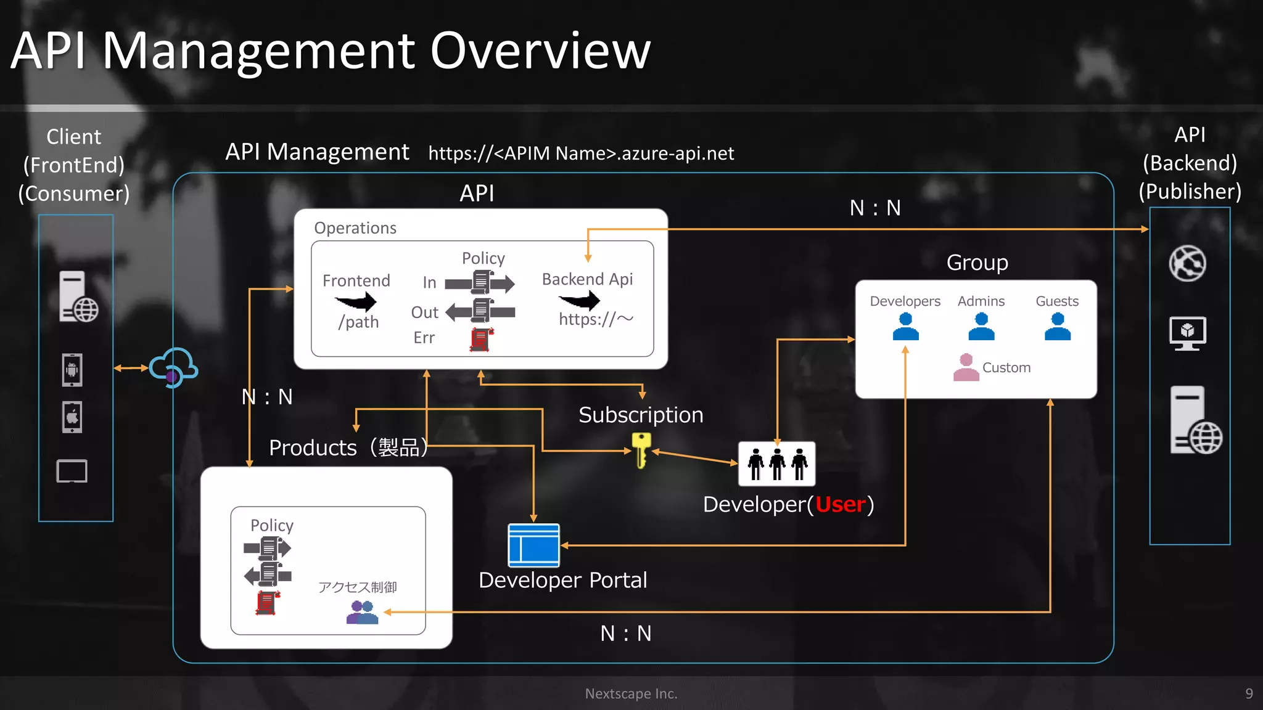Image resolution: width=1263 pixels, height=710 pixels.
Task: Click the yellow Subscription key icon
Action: (641, 450)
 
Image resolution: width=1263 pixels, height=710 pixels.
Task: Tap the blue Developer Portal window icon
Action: (533, 545)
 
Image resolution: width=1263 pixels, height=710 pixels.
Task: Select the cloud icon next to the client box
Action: (173, 367)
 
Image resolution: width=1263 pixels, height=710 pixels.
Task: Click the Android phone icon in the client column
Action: (72, 370)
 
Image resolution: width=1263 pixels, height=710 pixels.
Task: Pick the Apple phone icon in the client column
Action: (72, 417)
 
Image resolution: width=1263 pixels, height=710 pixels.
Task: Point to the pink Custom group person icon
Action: (966, 367)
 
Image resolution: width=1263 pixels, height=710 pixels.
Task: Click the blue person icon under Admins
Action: (981, 327)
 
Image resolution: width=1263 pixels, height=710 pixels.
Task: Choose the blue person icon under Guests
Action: (1057, 327)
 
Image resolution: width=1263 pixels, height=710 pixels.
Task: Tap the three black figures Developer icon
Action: (777, 464)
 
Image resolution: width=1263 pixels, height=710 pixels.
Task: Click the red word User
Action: (841, 505)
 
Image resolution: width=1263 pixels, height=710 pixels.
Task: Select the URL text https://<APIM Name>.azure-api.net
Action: (581, 153)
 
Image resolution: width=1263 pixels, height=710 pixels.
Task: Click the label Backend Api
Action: (587, 279)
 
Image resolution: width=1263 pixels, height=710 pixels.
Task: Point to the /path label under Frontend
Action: (358, 322)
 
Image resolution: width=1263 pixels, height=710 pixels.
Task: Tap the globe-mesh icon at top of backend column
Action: (1187, 264)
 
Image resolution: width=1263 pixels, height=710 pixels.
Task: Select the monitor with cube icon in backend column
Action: (1188, 333)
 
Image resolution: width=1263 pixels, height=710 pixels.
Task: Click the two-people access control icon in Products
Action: (362, 613)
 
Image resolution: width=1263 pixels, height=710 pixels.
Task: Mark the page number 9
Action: (1249, 693)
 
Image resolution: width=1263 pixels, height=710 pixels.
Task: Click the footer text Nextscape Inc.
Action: (631, 693)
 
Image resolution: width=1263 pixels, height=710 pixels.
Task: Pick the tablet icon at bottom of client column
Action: (72, 471)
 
